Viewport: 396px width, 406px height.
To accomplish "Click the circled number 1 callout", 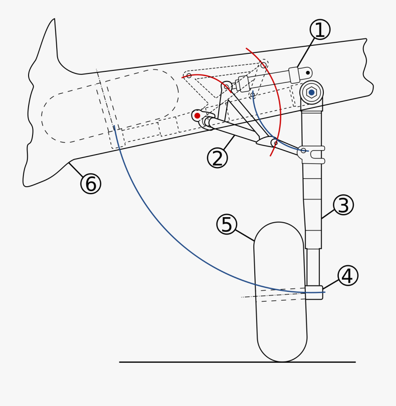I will (x=320, y=30).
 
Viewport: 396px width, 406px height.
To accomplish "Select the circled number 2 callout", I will (x=217, y=158).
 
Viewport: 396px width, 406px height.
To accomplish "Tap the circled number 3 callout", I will (x=343, y=205).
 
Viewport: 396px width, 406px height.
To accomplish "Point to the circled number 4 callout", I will (x=348, y=276).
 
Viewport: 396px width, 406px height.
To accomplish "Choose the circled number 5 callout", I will (x=227, y=224).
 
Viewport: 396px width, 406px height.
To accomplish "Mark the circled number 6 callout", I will (x=91, y=184).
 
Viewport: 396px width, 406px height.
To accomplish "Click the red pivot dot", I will (x=197, y=115).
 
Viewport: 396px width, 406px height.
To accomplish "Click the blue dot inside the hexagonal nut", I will (x=312, y=92).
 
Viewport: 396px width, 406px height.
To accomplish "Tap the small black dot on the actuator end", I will (x=308, y=73).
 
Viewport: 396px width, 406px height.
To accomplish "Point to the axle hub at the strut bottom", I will (x=314, y=292).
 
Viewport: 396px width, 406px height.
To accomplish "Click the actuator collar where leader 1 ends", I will (x=294, y=75).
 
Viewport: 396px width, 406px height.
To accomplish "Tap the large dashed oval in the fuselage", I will (x=110, y=106).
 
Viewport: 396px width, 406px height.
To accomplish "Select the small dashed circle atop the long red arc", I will (x=264, y=65).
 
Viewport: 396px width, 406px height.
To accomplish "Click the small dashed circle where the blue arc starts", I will (x=253, y=95).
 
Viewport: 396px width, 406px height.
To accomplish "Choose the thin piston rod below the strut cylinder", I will (x=313, y=267).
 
